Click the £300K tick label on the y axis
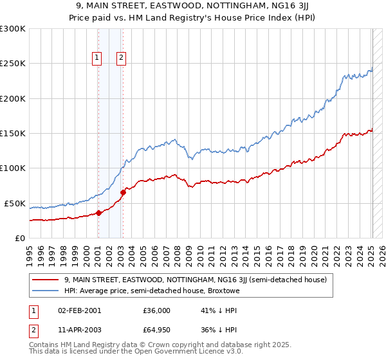point(13,29)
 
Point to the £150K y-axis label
point(13,134)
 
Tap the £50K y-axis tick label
point(15,203)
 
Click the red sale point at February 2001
point(98,213)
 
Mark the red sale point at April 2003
point(123,193)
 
